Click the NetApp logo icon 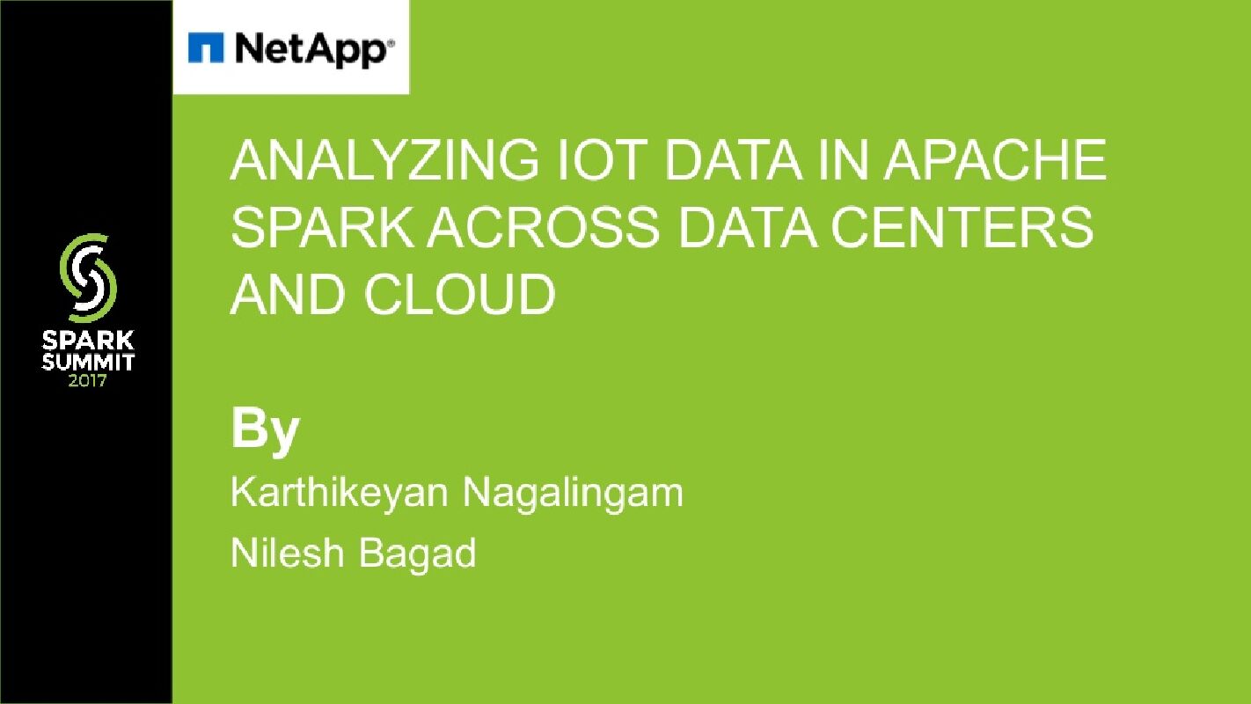pos(206,48)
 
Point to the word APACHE pos(994,162)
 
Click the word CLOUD pos(460,295)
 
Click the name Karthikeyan pos(340,494)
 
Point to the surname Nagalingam pos(573,494)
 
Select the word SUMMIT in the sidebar pos(88,362)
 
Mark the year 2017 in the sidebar pos(88,381)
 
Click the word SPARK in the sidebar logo pos(88,341)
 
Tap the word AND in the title pos(289,295)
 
